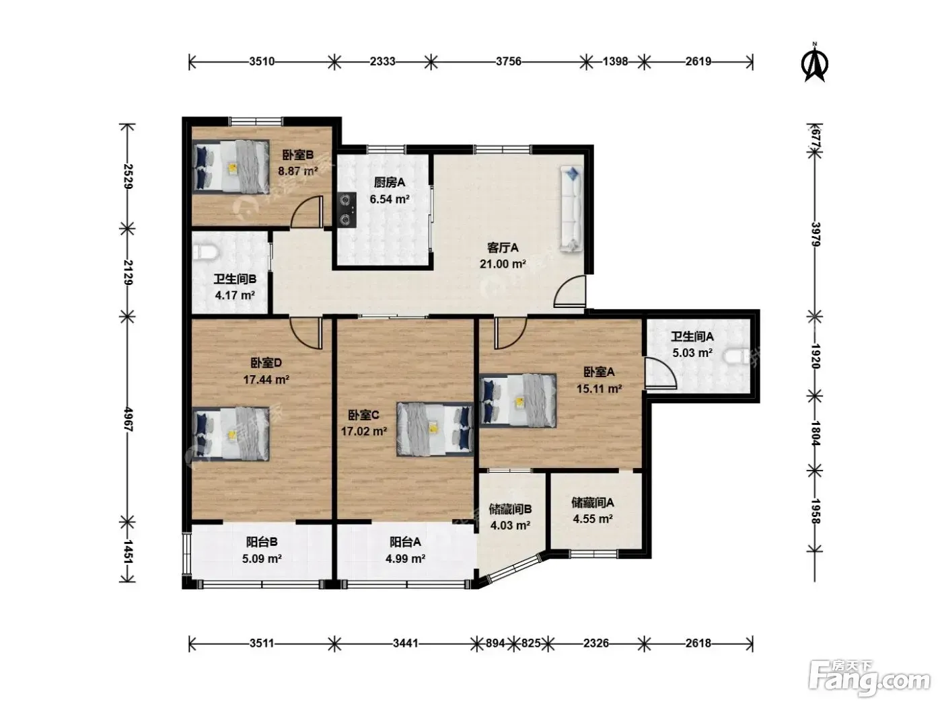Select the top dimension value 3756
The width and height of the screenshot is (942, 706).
[x=509, y=61]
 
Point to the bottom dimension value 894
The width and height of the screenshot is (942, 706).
[x=495, y=643]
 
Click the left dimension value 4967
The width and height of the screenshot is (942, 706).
[x=128, y=420]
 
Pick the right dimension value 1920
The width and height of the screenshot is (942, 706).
[x=815, y=356]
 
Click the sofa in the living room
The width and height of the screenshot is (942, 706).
[x=571, y=208]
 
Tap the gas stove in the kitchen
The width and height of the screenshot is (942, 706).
[x=347, y=210]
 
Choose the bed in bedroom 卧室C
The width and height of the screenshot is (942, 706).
[x=435, y=429]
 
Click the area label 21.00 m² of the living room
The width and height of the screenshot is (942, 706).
[x=503, y=264]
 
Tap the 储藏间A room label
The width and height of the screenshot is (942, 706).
[x=592, y=502]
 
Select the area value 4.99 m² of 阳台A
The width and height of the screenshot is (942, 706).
[x=405, y=559]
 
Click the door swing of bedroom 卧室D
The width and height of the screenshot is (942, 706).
[x=306, y=333]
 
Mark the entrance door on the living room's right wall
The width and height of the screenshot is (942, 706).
[x=570, y=292]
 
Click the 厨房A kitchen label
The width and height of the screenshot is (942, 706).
[x=389, y=183]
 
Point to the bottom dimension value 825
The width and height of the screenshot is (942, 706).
[x=530, y=643]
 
